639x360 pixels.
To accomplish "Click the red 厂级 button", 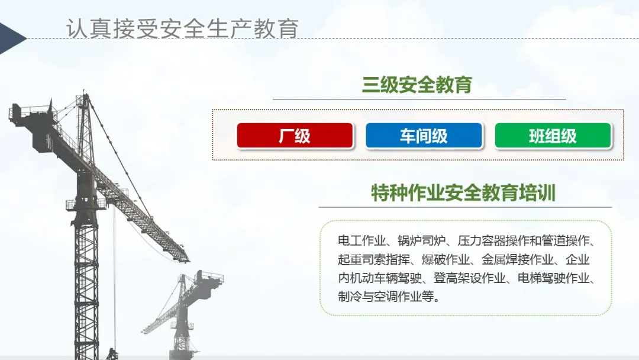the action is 295,136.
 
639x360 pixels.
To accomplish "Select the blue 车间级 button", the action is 424,136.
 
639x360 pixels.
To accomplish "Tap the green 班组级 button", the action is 553,136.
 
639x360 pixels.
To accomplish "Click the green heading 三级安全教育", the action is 417,85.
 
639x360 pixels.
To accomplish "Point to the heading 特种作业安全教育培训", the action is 463,193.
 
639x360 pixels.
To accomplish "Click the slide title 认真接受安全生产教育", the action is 182,28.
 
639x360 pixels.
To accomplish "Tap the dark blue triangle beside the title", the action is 12,38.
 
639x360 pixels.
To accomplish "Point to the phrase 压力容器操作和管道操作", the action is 524,240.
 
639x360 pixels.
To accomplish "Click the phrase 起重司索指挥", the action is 374,259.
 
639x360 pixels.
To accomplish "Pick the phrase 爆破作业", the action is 446,259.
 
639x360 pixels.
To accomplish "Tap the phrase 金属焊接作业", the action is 518,259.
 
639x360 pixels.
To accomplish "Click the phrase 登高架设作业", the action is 469,278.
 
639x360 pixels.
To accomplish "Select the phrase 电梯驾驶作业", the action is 553,278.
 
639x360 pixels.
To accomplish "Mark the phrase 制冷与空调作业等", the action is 386,297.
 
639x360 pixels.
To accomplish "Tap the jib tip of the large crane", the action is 187,259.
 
